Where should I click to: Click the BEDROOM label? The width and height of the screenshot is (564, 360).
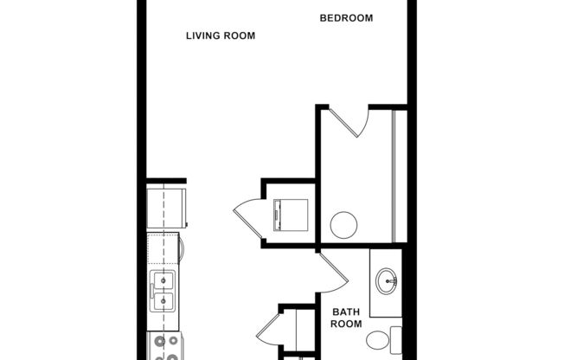[346, 17]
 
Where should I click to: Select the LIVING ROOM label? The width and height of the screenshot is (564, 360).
[221, 35]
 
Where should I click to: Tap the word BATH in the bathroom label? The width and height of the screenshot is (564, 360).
[346, 312]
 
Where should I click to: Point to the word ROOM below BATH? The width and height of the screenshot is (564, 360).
[346, 325]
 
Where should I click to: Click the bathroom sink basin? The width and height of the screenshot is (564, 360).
[387, 280]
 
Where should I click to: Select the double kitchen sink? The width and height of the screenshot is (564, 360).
[163, 291]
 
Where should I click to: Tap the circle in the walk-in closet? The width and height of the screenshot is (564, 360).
[343, 225]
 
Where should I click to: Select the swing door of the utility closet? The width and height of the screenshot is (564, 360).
[247, 215]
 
